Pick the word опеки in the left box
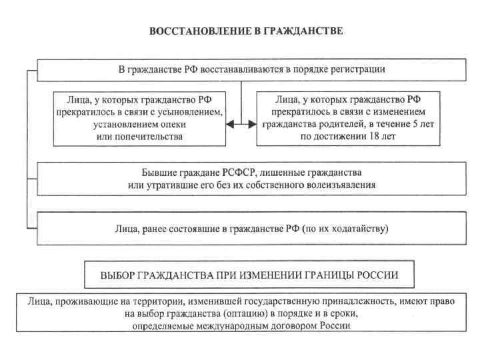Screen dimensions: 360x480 173,123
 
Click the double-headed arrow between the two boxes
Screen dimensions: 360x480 240,124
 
